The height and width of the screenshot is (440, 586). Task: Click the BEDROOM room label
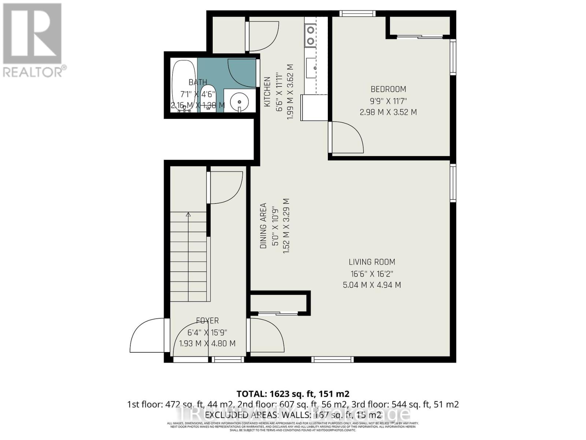(x=388, y=89)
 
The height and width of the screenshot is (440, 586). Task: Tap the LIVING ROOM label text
(x=372, y=262)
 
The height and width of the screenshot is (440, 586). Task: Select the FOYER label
(x=207, y=321)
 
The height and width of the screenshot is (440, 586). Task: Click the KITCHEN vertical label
(x=267, y=92)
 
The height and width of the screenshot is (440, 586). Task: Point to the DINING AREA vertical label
(x=263, y=226)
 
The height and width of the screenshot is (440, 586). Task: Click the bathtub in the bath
(x=183, y=86)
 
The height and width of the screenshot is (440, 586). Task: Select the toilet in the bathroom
(x=209, y=100)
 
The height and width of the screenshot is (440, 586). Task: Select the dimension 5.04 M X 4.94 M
(x=372, y=285)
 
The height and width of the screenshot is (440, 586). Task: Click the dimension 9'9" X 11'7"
(x=388, y=100)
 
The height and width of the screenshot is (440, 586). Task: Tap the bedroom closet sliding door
(x=420, y=36)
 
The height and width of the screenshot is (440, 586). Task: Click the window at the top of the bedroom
(x=357, y=14)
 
